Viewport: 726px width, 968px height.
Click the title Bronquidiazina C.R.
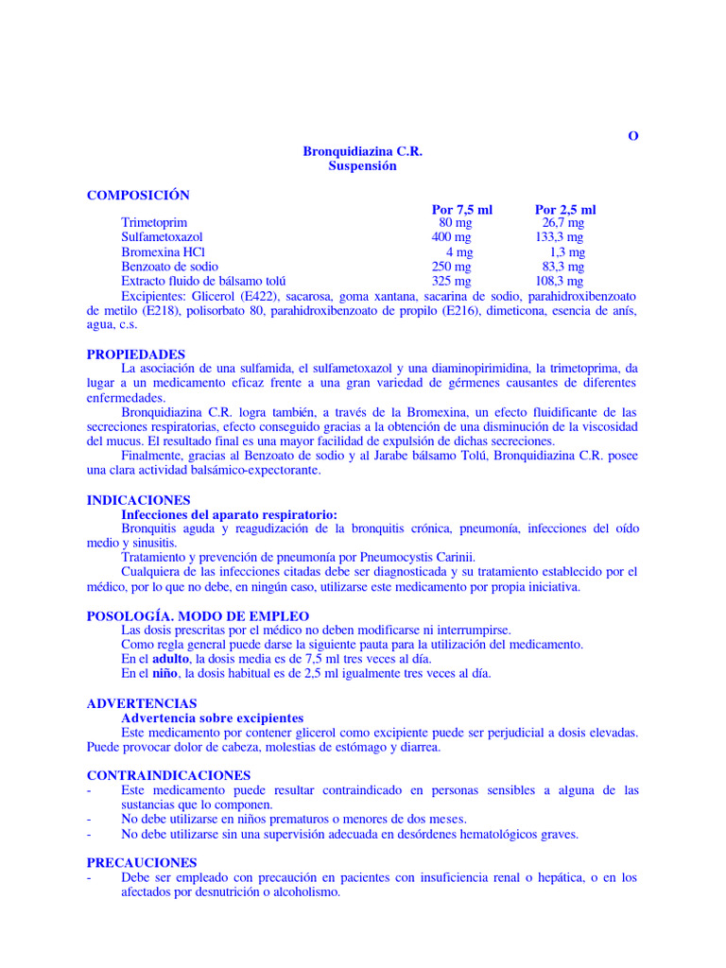point(362,151)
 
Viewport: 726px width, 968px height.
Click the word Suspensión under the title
point(362,166)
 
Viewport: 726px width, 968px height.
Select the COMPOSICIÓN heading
point(138,196)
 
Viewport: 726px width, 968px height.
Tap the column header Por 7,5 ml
point(462,210)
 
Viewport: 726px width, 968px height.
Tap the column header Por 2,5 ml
point(565,210)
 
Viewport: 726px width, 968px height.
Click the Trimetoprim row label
point(155,223)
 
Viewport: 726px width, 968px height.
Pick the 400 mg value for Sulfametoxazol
point(451,237)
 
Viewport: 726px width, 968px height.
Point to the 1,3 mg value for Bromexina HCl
point(567,252)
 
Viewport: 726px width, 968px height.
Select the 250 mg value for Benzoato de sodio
point(451,267)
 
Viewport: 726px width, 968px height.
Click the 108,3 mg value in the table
point(560,282)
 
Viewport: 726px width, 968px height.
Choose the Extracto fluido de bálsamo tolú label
point(203,282)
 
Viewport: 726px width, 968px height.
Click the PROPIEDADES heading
point(136,354)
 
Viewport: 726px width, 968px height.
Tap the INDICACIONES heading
point(138,500)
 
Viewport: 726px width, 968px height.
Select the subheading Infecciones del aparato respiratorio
point(229,514)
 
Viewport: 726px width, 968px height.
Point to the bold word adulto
point(171,659)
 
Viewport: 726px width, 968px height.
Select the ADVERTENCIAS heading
point(142,704)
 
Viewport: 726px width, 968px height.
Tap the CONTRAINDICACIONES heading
point(168,776)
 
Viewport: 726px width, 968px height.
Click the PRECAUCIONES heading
point(142,863)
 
